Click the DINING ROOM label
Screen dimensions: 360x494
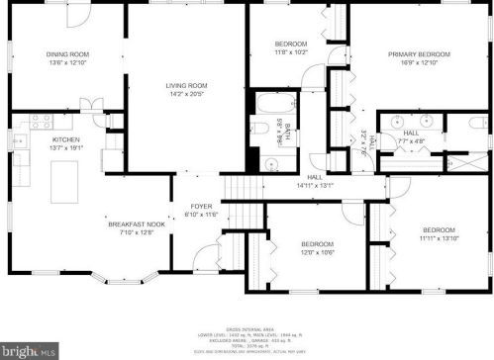pyautogui.click(x=67, y=53)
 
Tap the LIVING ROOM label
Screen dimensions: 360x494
pyautogui.click(x=185, y=87)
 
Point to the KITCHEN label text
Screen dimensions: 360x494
pyautogui.click(x=65, y=140)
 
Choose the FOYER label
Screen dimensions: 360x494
pyautogui.click(x=202, y=207)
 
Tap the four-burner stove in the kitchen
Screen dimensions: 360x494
pyautogui.click(x=41, y=122)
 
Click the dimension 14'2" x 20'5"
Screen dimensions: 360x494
pyautogui.click(x=185, y=96)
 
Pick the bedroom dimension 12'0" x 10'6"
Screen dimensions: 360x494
pyautogui.click(x=318, y=252)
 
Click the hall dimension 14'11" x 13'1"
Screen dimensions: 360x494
pyautogui.click(x=317, y=185)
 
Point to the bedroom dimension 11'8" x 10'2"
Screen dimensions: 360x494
pyautogui.click(x=291, y=52)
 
